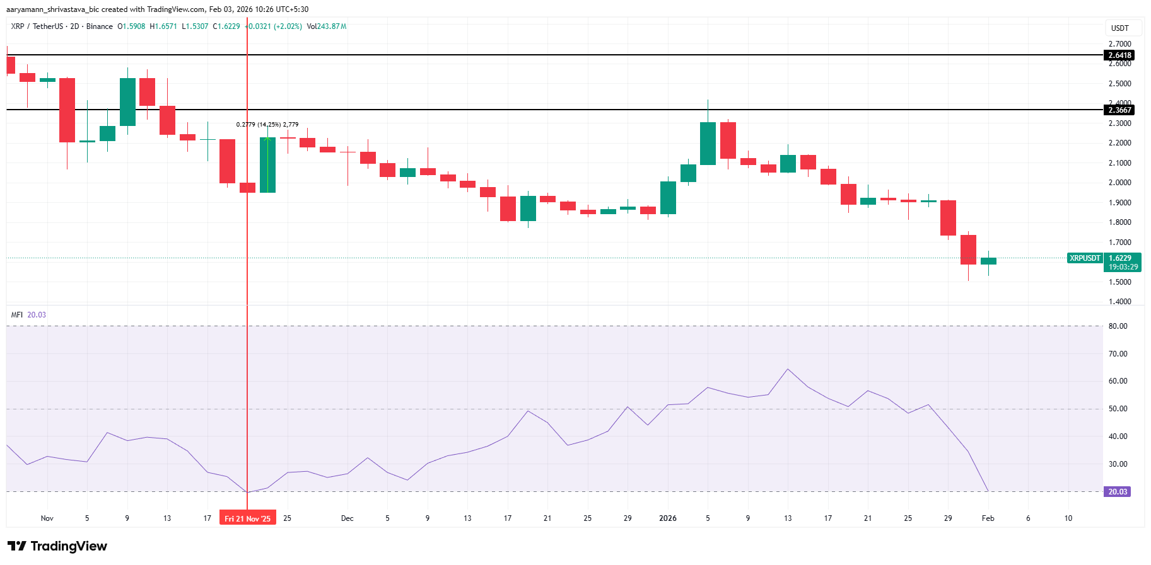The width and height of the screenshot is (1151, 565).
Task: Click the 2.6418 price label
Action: [x=1120, y=55]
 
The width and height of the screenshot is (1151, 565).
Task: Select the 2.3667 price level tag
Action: [x=1120, y=110]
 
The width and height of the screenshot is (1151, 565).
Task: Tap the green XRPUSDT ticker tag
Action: [x=1085, y=258]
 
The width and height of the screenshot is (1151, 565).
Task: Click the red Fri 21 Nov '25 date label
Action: [x=247, y=518]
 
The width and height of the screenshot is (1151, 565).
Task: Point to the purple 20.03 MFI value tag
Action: [x=1117, y=492]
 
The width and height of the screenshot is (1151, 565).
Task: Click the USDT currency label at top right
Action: [x=1119, y=28]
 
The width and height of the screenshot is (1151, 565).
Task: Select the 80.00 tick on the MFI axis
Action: [x=1118, y=326]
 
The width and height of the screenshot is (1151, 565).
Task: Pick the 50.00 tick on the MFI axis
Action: [x=1118, y=409]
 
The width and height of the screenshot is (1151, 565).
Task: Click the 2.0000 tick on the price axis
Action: [x=1119, y=183]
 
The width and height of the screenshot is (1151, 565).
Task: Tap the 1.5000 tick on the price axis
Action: [x=1119, y=282]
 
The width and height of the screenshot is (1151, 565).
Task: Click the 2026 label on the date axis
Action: [x=667, y=518]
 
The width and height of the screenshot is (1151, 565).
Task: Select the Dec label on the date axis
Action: [x=347, y=518]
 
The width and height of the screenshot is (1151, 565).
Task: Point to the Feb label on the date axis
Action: [x=988, y=518]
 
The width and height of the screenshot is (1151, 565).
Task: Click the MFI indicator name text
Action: [x=16, y=315]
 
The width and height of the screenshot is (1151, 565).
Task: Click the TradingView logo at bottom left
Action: [x=57, y=546]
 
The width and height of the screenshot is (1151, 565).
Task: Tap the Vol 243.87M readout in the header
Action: [x=327, y=26]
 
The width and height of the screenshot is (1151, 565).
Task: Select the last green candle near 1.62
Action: [x=988, y=261]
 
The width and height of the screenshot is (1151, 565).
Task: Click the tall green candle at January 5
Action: [x=708, y=144]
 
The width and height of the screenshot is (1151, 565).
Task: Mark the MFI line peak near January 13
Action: [x=788, y=369]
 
